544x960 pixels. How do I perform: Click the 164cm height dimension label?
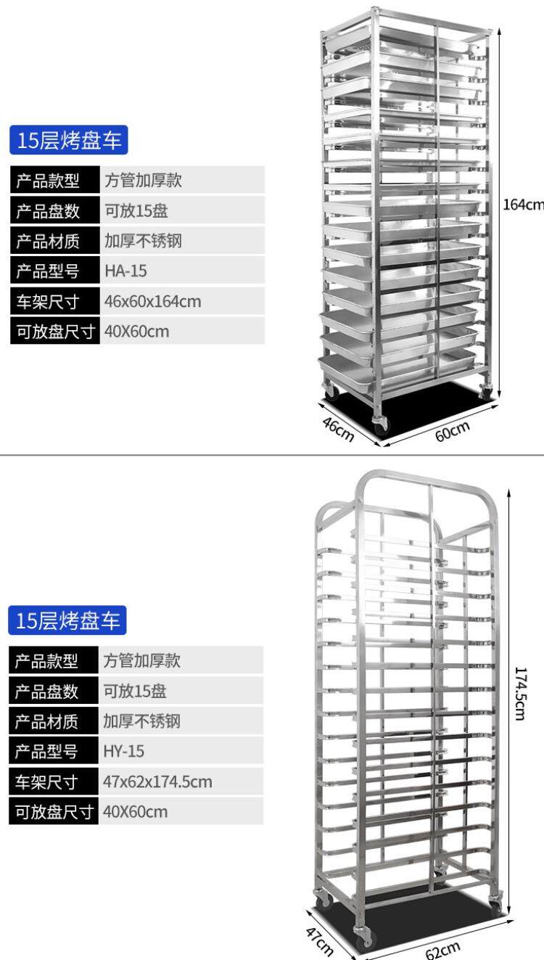tap(522, 205)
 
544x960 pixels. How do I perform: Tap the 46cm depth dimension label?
tap(338, 430)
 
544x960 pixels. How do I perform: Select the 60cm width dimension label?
tap(453, 431)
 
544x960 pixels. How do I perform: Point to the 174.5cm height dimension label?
tap(520, 693)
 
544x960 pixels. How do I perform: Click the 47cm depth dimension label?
tap(320, 940)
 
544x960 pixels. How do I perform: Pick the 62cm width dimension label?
tap(442, 948)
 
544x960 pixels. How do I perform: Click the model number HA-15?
tap(125, 271)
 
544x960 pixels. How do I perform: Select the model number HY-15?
tap(124, 751)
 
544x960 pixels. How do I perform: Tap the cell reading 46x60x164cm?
tap(152, 300)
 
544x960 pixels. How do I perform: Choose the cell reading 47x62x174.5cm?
tap(157, 781)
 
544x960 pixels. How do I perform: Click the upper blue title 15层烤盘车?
tap(70, 140)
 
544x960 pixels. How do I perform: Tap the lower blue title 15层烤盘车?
tap(68, 620)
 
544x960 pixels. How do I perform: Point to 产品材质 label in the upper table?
tap(49, 240)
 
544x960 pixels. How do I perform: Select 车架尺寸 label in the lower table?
tap(47, 781)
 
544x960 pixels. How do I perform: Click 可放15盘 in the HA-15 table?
tap(136, 210)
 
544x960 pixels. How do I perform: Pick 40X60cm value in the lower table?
tap(135, 811)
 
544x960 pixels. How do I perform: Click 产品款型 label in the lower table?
tap(47, 660)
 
